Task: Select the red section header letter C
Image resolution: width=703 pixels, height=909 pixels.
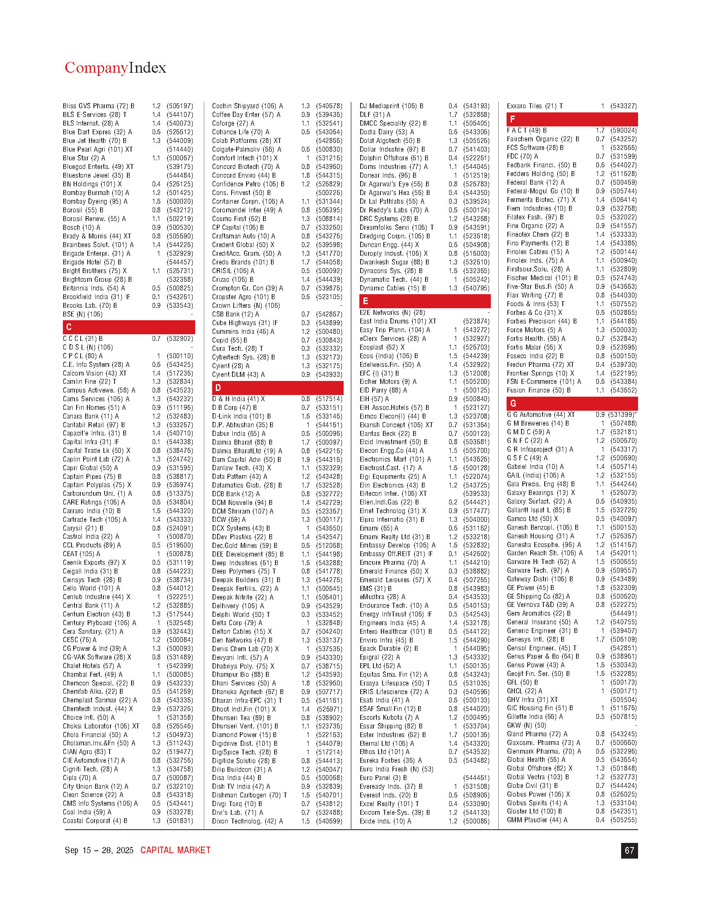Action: pos(69,327)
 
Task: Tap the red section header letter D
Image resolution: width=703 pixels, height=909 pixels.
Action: pos(218,388)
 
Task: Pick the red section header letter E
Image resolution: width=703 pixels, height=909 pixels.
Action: pos(365,301)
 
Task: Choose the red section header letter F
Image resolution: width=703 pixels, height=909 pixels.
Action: pos(512,119)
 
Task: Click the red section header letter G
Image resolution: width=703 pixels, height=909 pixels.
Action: pos(513,403)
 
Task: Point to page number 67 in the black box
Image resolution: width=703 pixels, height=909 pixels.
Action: pos(629,851)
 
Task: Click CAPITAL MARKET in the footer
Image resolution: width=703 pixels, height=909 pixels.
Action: pos(175,850)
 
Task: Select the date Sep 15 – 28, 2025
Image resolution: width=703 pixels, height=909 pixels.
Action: pos(99,850)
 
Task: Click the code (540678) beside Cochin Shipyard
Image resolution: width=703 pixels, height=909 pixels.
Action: pos(329,106)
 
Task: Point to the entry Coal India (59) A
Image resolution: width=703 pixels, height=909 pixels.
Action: pos(87,812)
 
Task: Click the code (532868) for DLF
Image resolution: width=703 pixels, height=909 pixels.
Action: pos(476,115)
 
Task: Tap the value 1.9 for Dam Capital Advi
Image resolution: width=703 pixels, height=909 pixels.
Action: pos(306,459)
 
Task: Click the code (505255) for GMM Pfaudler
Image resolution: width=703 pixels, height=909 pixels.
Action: pos(624,820)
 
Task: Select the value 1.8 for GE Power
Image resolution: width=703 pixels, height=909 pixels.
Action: pos(600,588)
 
